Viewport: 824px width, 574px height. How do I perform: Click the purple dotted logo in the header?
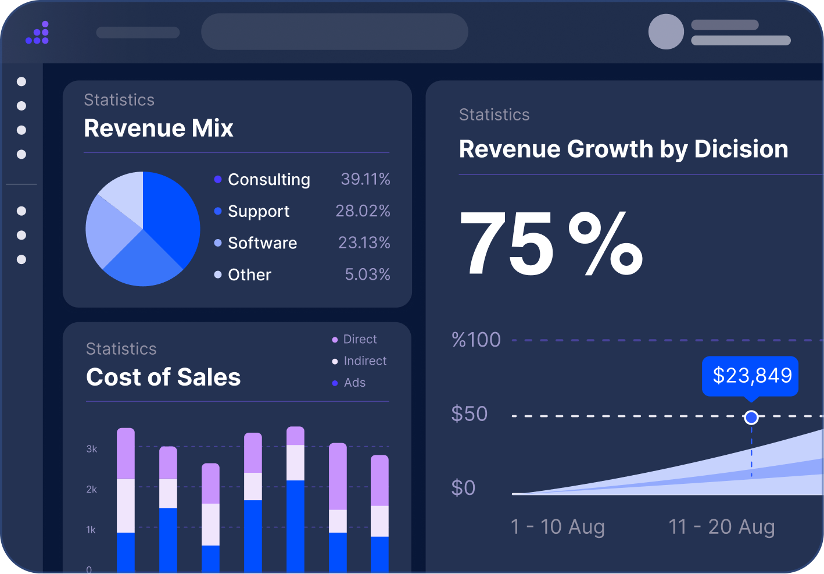click(x=38, y=33)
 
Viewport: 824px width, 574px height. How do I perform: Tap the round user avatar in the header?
click(x=666, y=31)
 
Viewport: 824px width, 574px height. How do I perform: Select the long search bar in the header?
click(x=334, y=31)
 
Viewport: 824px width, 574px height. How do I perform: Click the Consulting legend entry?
click(x=268, y=180)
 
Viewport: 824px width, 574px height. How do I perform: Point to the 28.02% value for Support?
click(x=363, y=211)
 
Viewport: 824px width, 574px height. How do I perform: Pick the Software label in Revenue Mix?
click(x=262, y=243)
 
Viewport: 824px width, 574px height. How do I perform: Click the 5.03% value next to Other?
click(x=367, y=274)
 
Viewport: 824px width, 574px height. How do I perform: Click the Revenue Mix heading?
click(x=159, y=128)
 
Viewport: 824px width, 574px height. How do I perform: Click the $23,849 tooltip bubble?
click(x=751, y=376)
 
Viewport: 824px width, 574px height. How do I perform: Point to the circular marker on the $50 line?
click(x=751, y=418)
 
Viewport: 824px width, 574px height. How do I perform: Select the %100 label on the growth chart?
click(x=476, y=340)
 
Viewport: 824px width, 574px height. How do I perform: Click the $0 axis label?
click(x=463, y=487)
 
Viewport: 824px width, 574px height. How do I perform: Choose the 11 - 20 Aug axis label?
click(x=721, y=527)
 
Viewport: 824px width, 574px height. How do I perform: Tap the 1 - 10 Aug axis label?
click(x=557, y=527)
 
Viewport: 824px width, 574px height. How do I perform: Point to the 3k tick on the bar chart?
click(x=92, y=449)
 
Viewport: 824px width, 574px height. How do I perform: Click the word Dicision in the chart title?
click(x=741, y=149)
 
